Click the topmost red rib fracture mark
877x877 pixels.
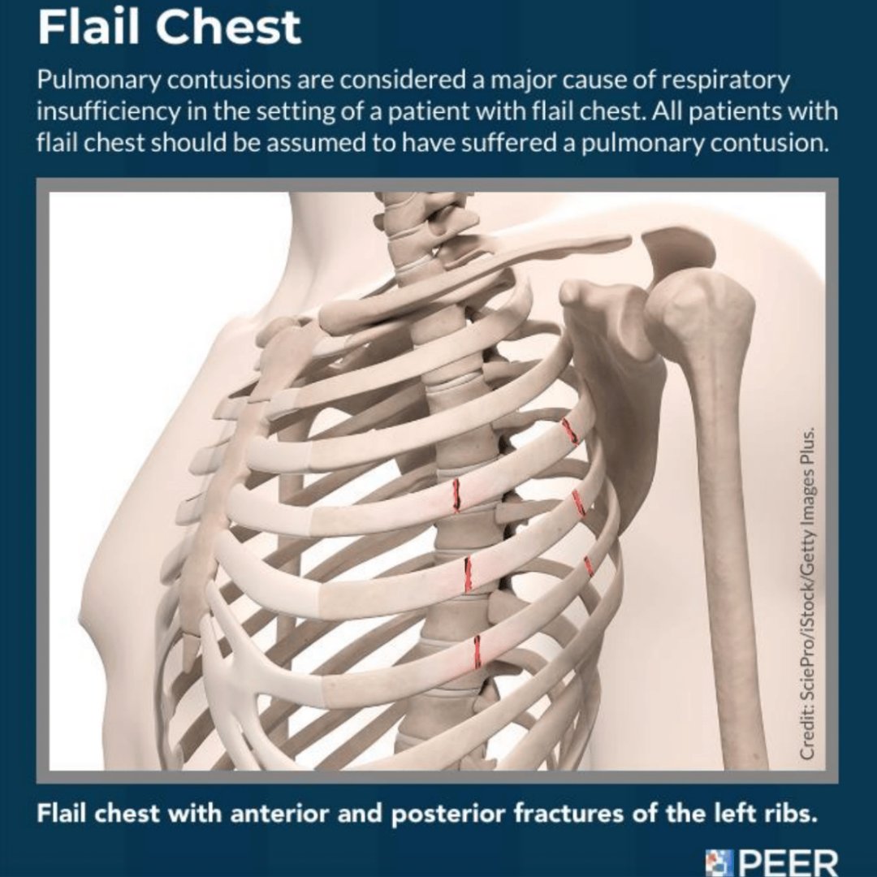(x=570, y=431)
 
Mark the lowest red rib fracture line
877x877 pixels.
(x=477, y=651)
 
